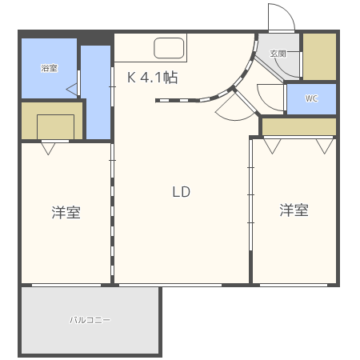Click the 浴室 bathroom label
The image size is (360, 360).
[49, 68]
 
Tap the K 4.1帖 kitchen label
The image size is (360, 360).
[153, 78]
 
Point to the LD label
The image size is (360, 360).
[181, 192]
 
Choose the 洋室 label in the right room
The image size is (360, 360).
[294, 210]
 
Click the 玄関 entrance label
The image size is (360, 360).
[278, 54]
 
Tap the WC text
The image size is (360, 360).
[311, 99]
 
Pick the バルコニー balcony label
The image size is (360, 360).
[90, 320]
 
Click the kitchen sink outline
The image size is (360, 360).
[170, 49]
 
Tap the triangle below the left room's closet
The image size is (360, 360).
[50, 148]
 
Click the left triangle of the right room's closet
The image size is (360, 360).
[271, 145]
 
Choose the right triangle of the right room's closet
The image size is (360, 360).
[324, 145]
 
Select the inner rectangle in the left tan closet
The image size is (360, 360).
[55, 126]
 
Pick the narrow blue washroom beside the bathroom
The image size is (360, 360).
[96, 92]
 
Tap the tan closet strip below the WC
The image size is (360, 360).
[298, 126]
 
